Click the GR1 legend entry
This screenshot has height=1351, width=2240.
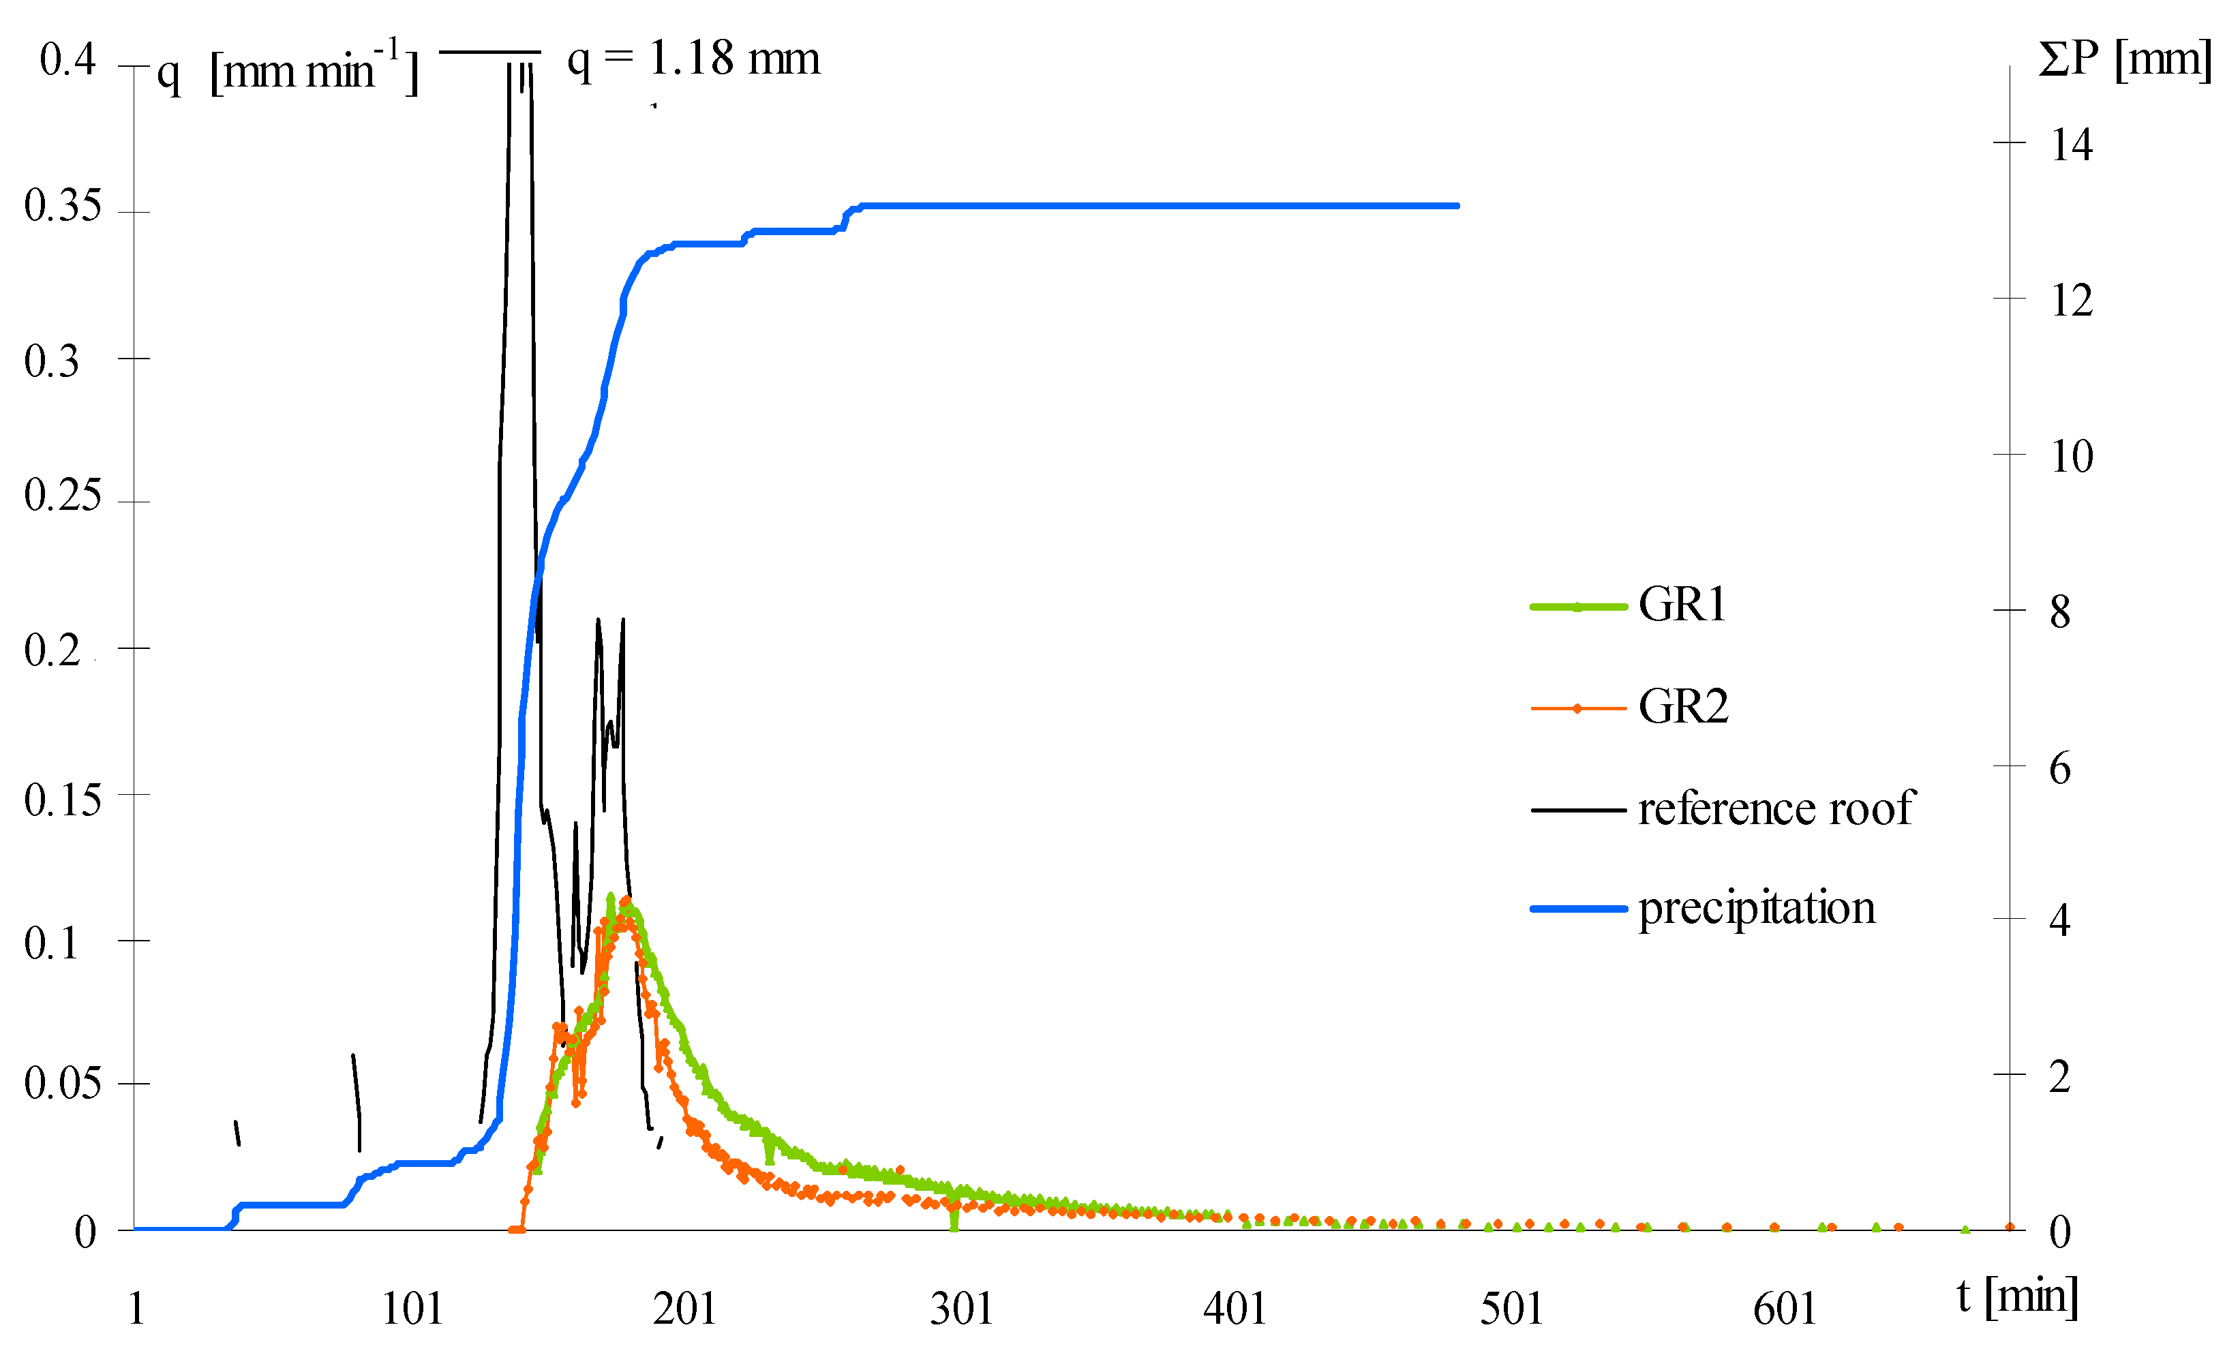point(1681,605)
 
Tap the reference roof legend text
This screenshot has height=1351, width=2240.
point(1776,808)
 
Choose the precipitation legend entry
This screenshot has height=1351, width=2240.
point(1757,907)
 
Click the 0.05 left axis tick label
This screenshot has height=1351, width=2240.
point(62,1083)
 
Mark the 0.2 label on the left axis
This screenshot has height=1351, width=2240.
point(52,651)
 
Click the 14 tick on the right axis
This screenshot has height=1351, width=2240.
point(2071,145)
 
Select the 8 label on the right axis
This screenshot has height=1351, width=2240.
point(2060,612)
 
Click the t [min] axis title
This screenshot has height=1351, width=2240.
point(2017,1296)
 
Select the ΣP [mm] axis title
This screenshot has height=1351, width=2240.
point(2125,60)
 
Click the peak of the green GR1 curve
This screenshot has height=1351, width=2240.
point(610,896)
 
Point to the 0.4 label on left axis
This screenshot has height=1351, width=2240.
point(67,60)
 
